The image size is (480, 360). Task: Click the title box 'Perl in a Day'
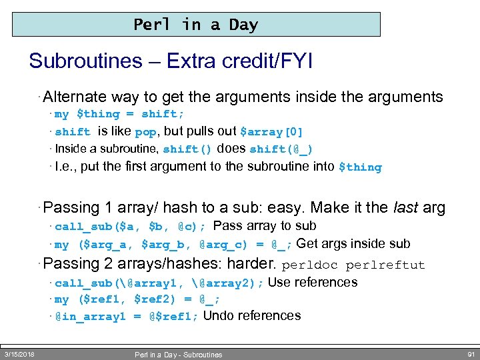click(196, 25)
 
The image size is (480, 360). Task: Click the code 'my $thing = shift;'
click(119, 115)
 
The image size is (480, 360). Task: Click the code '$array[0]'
click(271, 132)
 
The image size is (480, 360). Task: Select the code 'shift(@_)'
click(281, 149)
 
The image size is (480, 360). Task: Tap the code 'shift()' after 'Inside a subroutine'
click(187, 149)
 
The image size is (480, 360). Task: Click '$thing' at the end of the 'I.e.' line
click(360, 167)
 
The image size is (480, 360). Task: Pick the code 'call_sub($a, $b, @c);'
click(131, 227)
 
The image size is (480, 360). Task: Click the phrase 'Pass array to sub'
click(265, 226)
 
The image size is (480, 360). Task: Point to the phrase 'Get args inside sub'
click(353, 243)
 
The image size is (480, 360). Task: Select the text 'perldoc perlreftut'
click(353, 265)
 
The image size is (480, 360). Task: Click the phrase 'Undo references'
click(252, 316)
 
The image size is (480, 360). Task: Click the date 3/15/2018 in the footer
click(19, 354)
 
